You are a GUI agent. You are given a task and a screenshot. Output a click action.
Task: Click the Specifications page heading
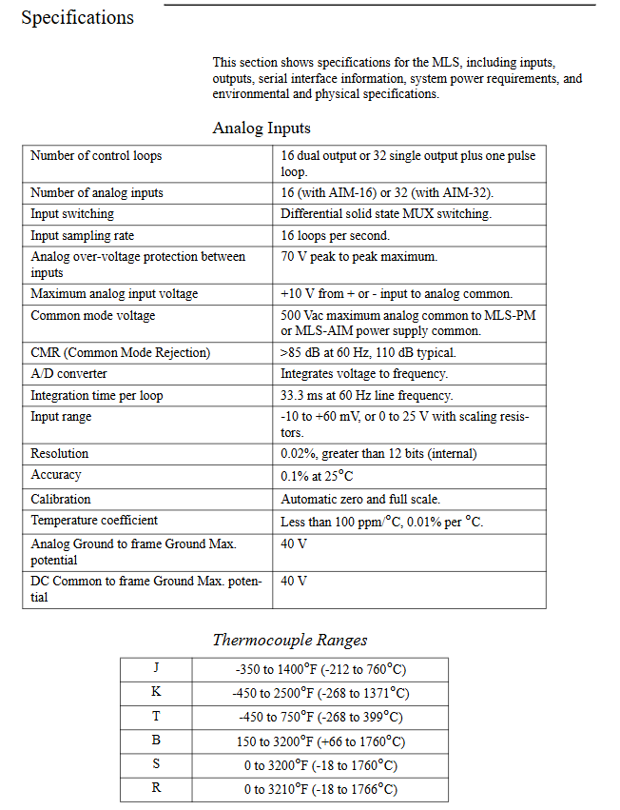[x=78, y=18]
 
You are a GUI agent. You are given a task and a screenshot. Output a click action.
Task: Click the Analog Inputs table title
[x=262, y=128]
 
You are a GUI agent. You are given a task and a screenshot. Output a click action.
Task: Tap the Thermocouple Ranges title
[x=289, y=640]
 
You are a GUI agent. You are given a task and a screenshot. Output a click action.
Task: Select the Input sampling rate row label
[x=82, y=235]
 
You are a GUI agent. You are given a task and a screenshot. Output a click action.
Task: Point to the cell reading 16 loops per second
[x=335, y=235]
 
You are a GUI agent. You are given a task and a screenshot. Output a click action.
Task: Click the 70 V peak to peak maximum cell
[x=359, y=257]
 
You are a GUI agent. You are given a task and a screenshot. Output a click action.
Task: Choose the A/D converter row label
[x=68, y=374]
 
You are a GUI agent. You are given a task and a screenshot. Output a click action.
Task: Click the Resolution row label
[x=59, y=454]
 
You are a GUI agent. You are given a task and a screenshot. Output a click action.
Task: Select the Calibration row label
[x=61, y=499]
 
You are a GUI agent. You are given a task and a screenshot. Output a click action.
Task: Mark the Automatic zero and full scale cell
[x=360, y=499]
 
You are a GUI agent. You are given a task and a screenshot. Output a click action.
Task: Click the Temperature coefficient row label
[x=94, y=521]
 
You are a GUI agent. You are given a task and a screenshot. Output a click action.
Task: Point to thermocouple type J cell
[x=156, y=668]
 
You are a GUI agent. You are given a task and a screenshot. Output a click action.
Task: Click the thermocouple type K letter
[x=156, y=692]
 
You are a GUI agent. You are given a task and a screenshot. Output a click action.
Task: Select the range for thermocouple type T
[x=320, y=717]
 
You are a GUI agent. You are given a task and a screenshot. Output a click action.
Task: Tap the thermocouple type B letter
[x=156, y=741]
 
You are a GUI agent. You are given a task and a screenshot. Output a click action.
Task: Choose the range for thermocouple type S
[x=320, y=765]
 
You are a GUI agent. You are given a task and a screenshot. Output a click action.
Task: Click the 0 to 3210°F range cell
[x=320, y=789]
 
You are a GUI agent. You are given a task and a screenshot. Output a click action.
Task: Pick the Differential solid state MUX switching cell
[x=386, y=214]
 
